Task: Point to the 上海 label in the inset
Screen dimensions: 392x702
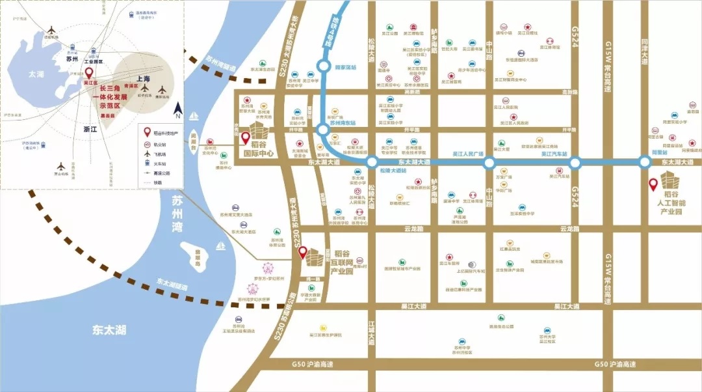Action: click(143, 79)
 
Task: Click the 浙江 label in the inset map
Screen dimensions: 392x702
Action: click(89, 130)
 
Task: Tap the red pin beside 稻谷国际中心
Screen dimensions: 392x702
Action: click(245, 138)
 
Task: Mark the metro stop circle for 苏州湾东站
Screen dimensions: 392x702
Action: click(323, 130)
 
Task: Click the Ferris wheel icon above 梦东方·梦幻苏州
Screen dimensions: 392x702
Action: click(268, 268)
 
